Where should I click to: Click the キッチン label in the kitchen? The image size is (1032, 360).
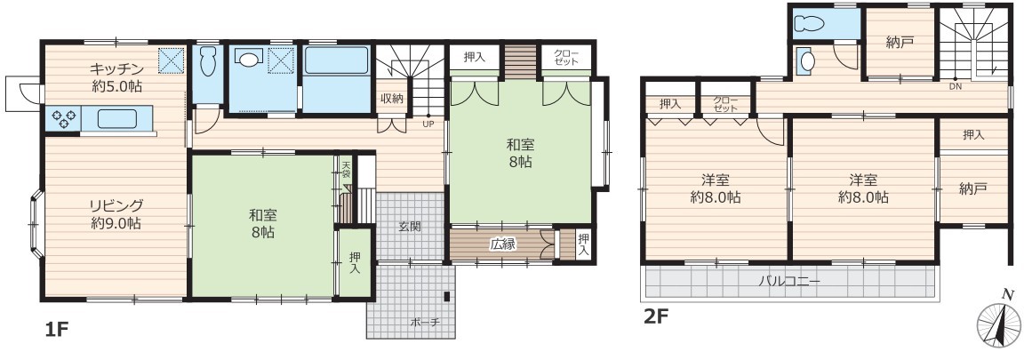point(116,68)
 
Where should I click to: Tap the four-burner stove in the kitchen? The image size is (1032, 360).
point(63,118)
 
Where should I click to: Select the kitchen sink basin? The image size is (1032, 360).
point(118,119)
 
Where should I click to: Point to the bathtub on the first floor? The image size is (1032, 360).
point(336,60)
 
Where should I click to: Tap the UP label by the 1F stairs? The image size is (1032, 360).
point(428,123)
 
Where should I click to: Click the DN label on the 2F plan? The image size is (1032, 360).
point(954,86)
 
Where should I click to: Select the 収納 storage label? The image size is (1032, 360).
point(391,99)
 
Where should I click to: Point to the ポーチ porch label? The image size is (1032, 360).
point(424,323)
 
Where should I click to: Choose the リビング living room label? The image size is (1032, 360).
point(116,205)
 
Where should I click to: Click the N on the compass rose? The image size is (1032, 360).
point(1005,294)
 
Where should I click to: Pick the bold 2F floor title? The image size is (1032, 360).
point(656,316)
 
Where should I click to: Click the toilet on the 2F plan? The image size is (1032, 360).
point(809,24)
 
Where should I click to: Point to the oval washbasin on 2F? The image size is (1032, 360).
point(808,61)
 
